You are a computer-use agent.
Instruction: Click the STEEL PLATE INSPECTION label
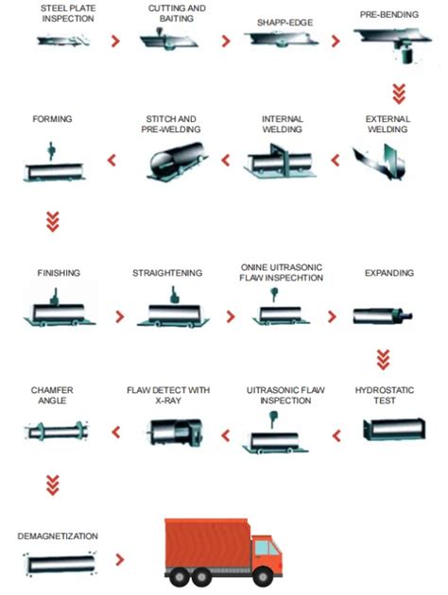[68, 13]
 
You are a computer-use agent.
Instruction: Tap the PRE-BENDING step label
[389, 15]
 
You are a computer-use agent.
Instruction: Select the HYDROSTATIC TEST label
[385, 396]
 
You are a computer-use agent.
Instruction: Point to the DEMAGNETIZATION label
[58, 536]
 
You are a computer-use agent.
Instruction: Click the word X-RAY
[168, 400]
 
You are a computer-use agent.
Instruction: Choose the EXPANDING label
[389, 273]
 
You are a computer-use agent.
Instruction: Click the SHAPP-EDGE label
[285, 23]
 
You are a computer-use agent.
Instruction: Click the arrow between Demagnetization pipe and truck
[120, 559]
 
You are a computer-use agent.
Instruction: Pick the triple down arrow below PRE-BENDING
[399, 93]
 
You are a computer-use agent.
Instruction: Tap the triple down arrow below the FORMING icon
[52, 222]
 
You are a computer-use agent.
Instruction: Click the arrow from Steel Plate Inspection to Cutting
[115, 41]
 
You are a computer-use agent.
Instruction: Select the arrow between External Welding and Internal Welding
[336, 161]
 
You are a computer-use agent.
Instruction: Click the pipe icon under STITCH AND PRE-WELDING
[177, 161]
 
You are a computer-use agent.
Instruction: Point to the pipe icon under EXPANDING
[383, 315]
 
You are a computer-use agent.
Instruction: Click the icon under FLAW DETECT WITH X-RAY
[175, 433]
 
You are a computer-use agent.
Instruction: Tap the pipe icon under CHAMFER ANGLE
[56, 431]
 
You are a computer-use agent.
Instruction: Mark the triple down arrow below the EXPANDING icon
[383, 360]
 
